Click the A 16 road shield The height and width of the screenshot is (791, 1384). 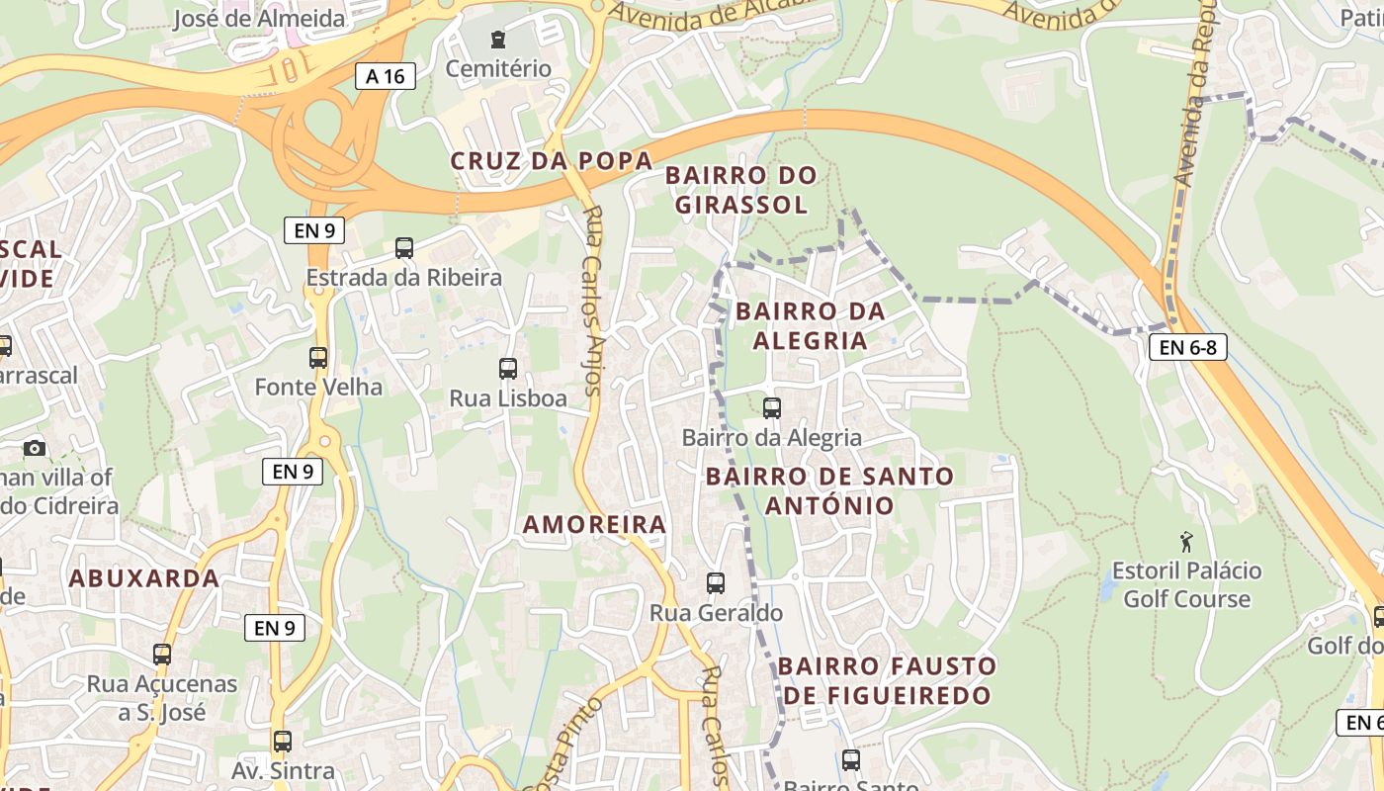(x=386, y=76)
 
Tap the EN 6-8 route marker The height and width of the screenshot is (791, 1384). (x=1187, y=347)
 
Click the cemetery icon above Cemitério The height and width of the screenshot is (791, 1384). (x=498, y=41)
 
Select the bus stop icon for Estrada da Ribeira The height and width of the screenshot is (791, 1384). (x=403, y=248)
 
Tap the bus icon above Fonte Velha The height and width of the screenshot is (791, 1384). (x=318, y=358)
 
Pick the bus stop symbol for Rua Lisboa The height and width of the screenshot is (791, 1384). (x=508, y=369)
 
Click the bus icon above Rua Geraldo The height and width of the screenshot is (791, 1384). (x=716, y=583)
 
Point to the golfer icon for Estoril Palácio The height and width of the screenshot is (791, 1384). (x=1186, y=541)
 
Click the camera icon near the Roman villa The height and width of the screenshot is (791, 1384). (x=35, y=448)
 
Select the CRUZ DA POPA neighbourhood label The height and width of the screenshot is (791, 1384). (x=552, y=161)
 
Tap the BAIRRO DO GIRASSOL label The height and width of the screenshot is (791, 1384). (x=741, y=190)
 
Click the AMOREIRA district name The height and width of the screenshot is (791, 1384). (x=595, y=525)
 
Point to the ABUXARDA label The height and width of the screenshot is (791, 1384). (x=144, y=578)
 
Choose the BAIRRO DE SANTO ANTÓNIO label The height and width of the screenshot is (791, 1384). (x=829, y=490)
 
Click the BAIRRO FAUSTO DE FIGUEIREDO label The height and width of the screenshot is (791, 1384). (x=887, y=680)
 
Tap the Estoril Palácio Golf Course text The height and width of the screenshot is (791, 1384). (x=1186, y=584)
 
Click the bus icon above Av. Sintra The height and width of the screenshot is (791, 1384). (x=283, y=741)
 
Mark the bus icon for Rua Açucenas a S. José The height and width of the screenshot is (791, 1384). (x=162, y=654)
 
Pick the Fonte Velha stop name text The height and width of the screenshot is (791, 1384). (x=318, y=387)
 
